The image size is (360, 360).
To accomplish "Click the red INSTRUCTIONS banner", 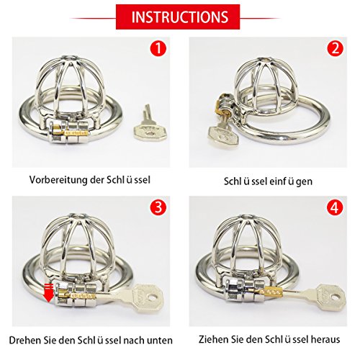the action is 178,17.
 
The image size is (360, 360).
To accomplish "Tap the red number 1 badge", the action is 158,48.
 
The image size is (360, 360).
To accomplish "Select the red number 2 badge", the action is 335,48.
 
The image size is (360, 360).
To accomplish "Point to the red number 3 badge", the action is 158,207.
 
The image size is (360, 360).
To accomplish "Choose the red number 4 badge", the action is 335,207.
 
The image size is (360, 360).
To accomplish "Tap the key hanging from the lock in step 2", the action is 222,132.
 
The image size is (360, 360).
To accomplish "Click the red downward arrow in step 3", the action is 48,293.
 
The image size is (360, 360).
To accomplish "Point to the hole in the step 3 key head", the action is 152,298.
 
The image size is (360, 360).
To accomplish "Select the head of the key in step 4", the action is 333,297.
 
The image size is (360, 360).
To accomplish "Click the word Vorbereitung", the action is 58,180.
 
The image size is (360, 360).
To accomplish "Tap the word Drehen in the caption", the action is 25,340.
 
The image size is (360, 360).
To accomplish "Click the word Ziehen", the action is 214,339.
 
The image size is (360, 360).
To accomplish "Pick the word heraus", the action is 325,339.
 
